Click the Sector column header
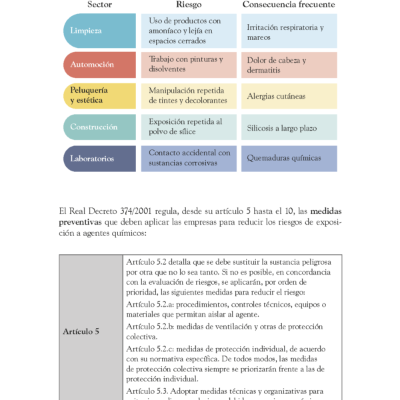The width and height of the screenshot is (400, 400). click(99, 5)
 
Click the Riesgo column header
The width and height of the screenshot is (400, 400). click(189, 5)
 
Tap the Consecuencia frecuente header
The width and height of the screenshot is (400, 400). click(289, 5)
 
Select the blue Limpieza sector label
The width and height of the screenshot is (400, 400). click(99, 31)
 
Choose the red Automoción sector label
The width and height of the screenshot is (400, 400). click(99, 65)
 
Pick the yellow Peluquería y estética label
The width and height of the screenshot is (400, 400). click(99, 95)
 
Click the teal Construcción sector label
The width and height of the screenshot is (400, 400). click(99, 127)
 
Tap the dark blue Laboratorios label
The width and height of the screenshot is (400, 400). click(99, 159)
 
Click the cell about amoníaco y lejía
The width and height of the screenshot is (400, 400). click(189, 31)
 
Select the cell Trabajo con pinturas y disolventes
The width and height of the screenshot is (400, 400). click(189, 65)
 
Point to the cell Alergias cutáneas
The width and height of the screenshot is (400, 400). click(289, 96)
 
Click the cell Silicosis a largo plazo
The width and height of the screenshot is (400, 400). click(289, 127)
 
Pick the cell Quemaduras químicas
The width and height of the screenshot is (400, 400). click(289, 159)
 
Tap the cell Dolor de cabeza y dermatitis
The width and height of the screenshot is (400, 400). click(289, 65)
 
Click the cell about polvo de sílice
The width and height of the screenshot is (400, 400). click(189, 127)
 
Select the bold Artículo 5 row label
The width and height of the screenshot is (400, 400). click(81, 331)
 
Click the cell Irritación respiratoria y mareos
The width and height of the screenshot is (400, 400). click(289, 31)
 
